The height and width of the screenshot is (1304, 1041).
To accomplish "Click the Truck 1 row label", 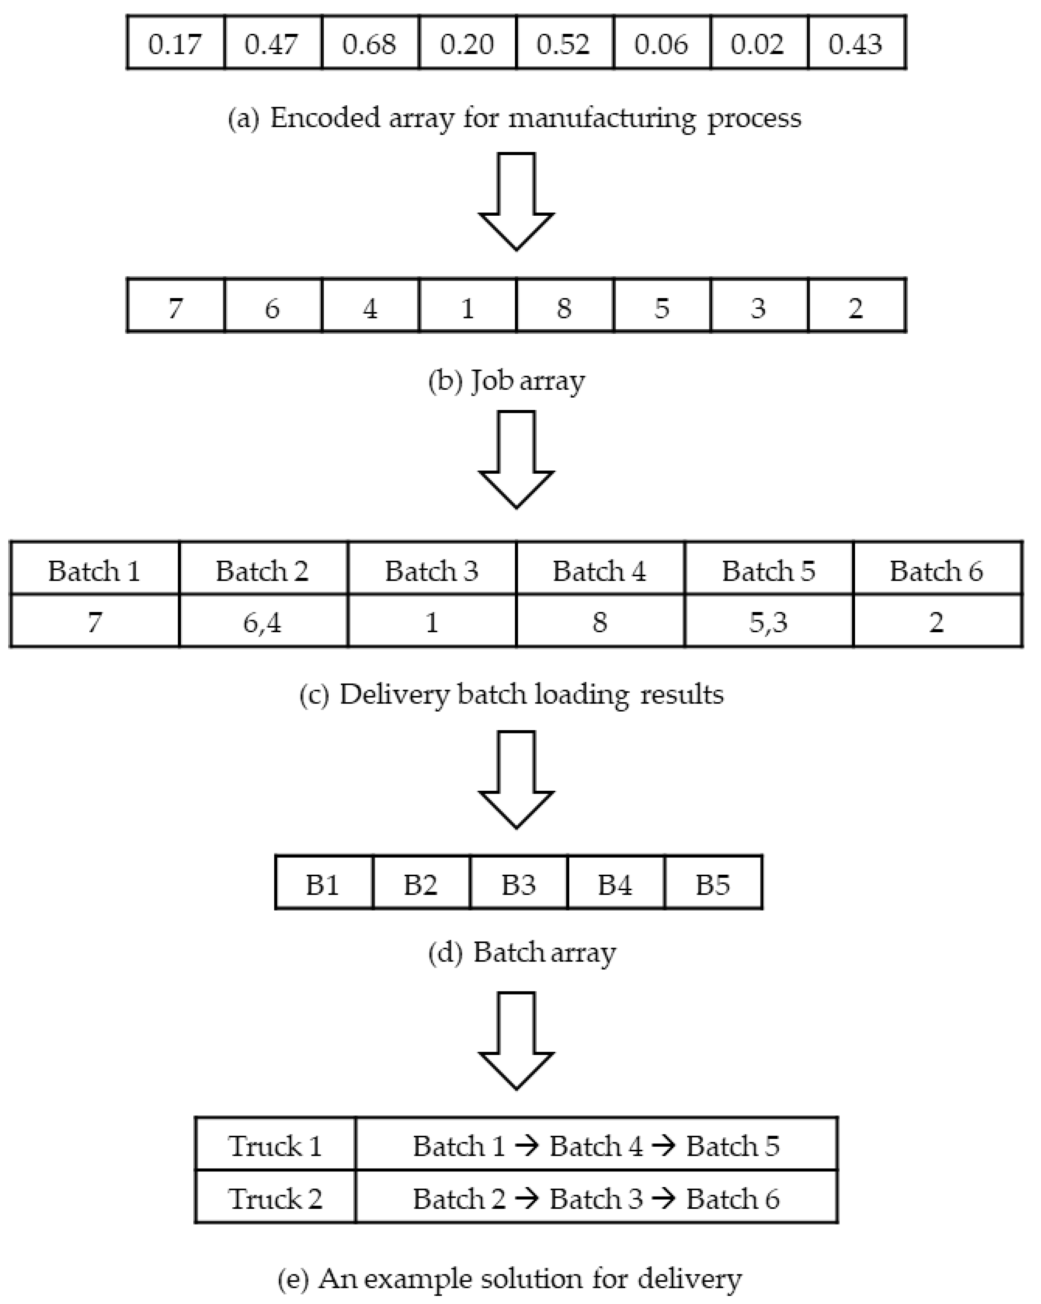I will coord(275,1146).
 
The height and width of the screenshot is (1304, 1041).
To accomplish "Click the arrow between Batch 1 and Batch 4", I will coord(527,1146).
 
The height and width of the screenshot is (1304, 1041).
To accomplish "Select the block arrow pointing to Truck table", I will coord(516,1040).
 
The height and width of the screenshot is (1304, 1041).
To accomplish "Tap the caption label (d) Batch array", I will coord(522,952).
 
